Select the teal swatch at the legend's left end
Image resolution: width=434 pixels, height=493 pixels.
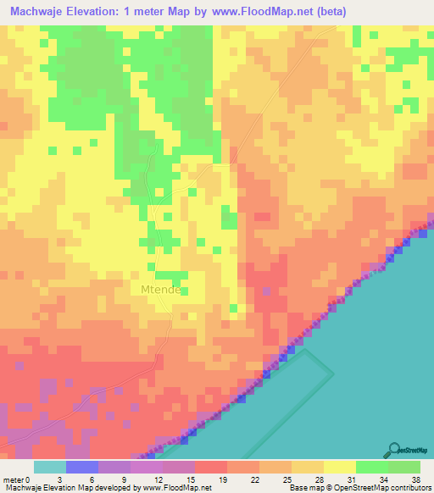[50, 467]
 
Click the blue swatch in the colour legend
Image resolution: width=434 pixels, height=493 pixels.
[82, 467]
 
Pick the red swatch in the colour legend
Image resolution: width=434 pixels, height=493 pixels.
[211, 467]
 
